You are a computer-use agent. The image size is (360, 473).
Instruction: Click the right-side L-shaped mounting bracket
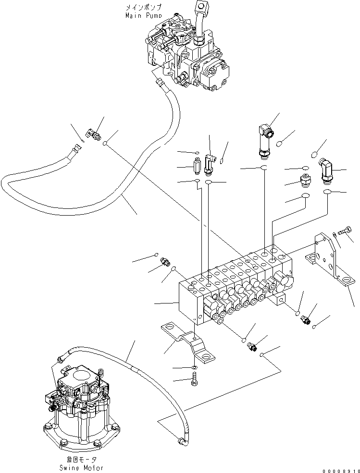tap(332, 264)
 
